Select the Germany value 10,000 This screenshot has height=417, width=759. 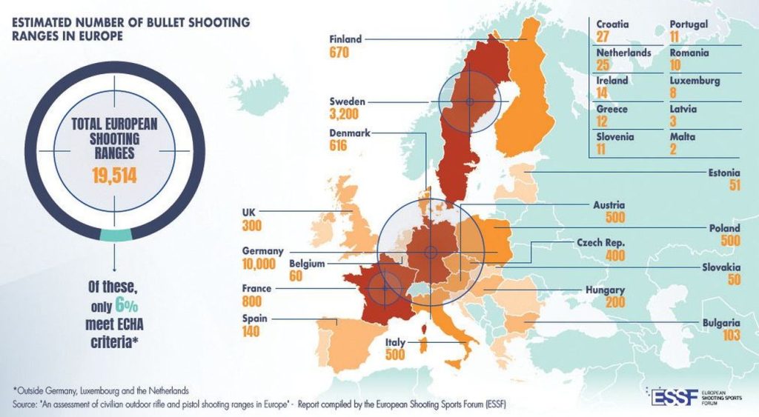[259, 264]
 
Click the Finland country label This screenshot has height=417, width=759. [345, 39]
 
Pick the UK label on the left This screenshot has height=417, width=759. [248, 212]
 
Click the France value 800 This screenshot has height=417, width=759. [252, 301]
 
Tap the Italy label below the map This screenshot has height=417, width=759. [396, 342]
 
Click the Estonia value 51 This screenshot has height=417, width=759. [734, 186]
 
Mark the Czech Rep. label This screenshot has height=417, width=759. [601, 242]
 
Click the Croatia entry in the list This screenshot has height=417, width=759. [612, 24]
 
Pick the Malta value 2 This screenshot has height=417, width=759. [673, 150]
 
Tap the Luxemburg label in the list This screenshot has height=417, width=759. [695, 81]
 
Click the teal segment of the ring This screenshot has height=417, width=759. [115, 235]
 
